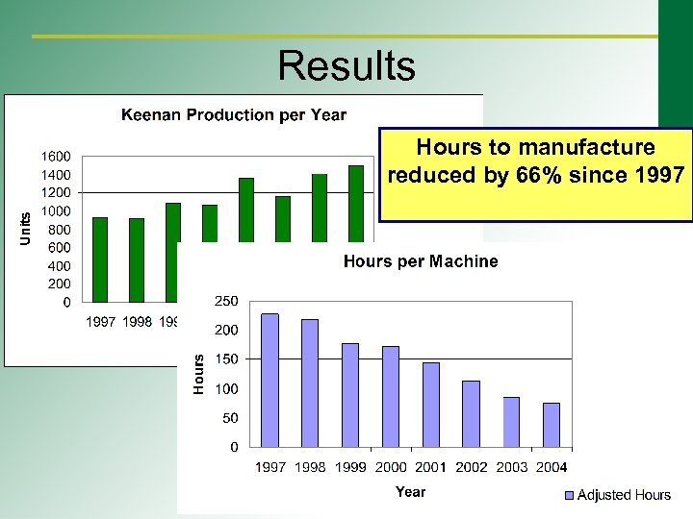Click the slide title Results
(346, 66)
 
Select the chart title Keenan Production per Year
(233, 115)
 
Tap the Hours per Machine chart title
(421, 261)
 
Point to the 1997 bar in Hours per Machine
(270, 381)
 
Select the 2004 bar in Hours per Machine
(552, 425)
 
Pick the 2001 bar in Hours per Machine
(431, 405)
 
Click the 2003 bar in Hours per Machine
(511, 422)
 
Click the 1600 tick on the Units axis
(54, 157)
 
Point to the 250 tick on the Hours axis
(226, 301)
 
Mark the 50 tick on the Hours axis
(231, 418)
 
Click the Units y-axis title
(26, 228)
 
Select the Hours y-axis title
(198, 373)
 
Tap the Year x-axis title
(410, 492)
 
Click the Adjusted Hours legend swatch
(568, 495)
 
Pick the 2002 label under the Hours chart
(472, 467)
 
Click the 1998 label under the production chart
(138, 322)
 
